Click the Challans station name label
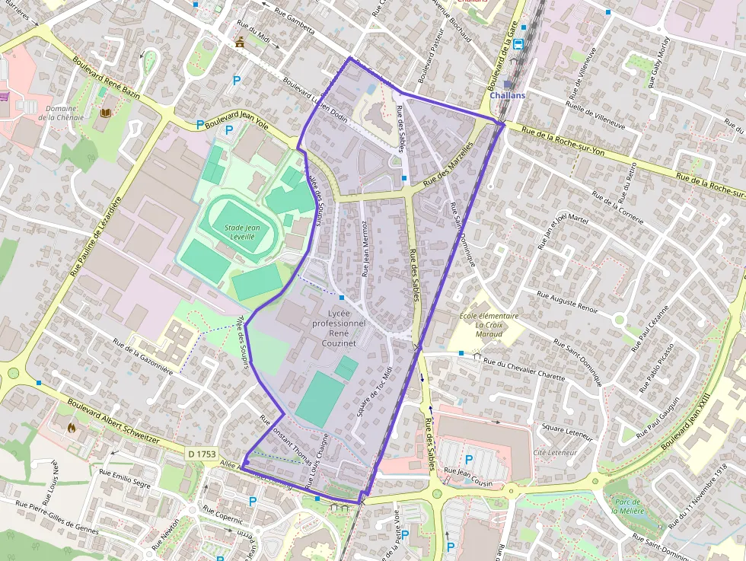pos(508,96)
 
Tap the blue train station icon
pos(518,44)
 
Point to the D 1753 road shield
pos(202,454)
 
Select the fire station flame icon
pos(72,429)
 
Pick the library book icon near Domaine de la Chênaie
pos(105,113)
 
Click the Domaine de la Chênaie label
pos(60,113)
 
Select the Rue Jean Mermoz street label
pos(365,249)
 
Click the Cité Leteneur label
pos(555,452)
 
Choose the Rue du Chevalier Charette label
pos(524,369)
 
